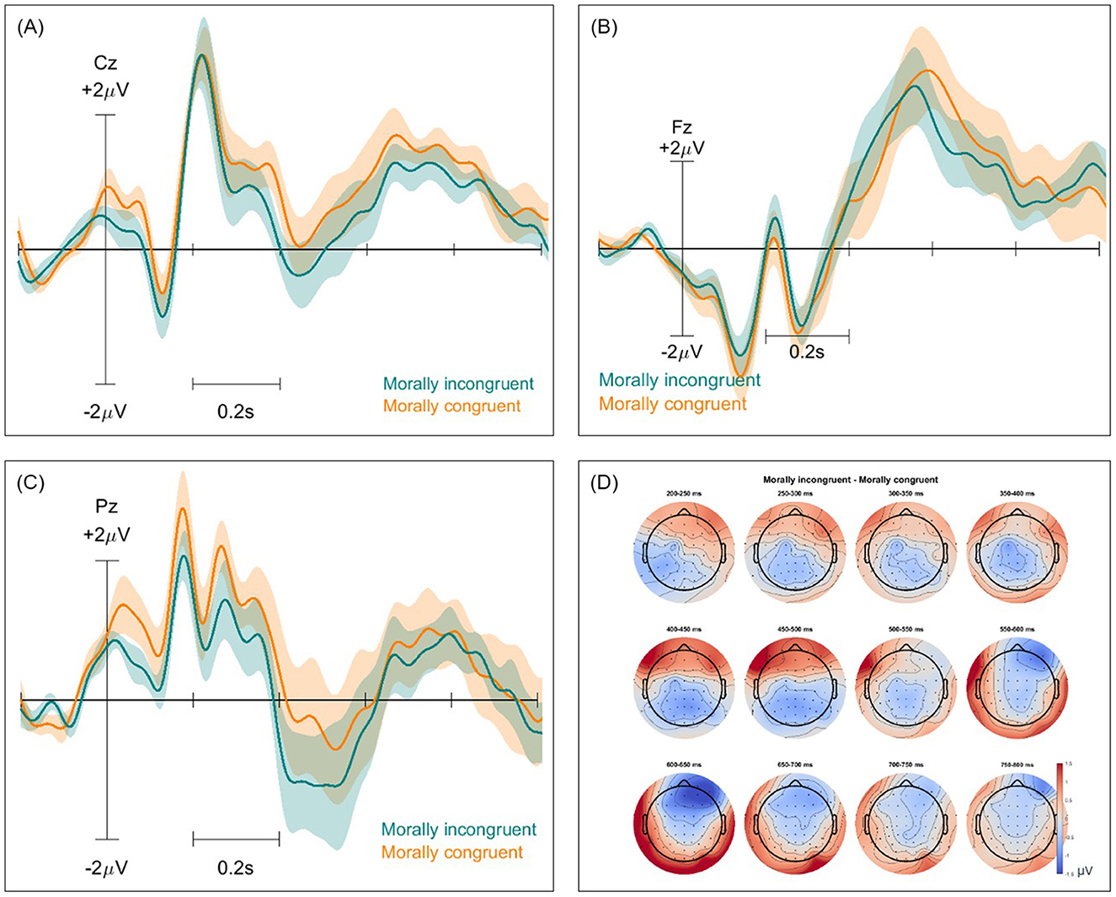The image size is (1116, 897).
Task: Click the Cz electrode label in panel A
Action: coord(105,62)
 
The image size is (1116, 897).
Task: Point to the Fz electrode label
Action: coord(682,126)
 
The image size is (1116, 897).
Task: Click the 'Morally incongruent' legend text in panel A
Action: coord(458,384)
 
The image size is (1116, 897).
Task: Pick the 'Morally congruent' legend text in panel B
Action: coord(673,405)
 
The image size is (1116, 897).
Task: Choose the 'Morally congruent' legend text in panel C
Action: coord(452,852)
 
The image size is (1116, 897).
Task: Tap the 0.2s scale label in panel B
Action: coord(806,352)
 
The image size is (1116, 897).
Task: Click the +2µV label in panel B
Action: coord(682,148)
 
